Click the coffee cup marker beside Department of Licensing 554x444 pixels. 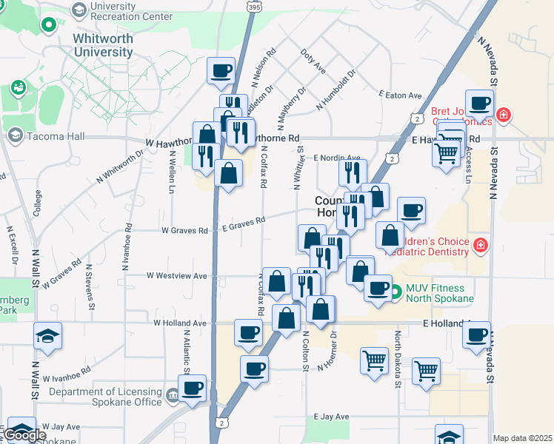193,388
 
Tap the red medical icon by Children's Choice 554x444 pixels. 481,243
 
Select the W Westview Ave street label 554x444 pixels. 178,275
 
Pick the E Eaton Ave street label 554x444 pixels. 399,95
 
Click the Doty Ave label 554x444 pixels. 314,62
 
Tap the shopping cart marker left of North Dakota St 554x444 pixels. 374,360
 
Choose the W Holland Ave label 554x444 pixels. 179,323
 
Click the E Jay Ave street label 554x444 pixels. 330,417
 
